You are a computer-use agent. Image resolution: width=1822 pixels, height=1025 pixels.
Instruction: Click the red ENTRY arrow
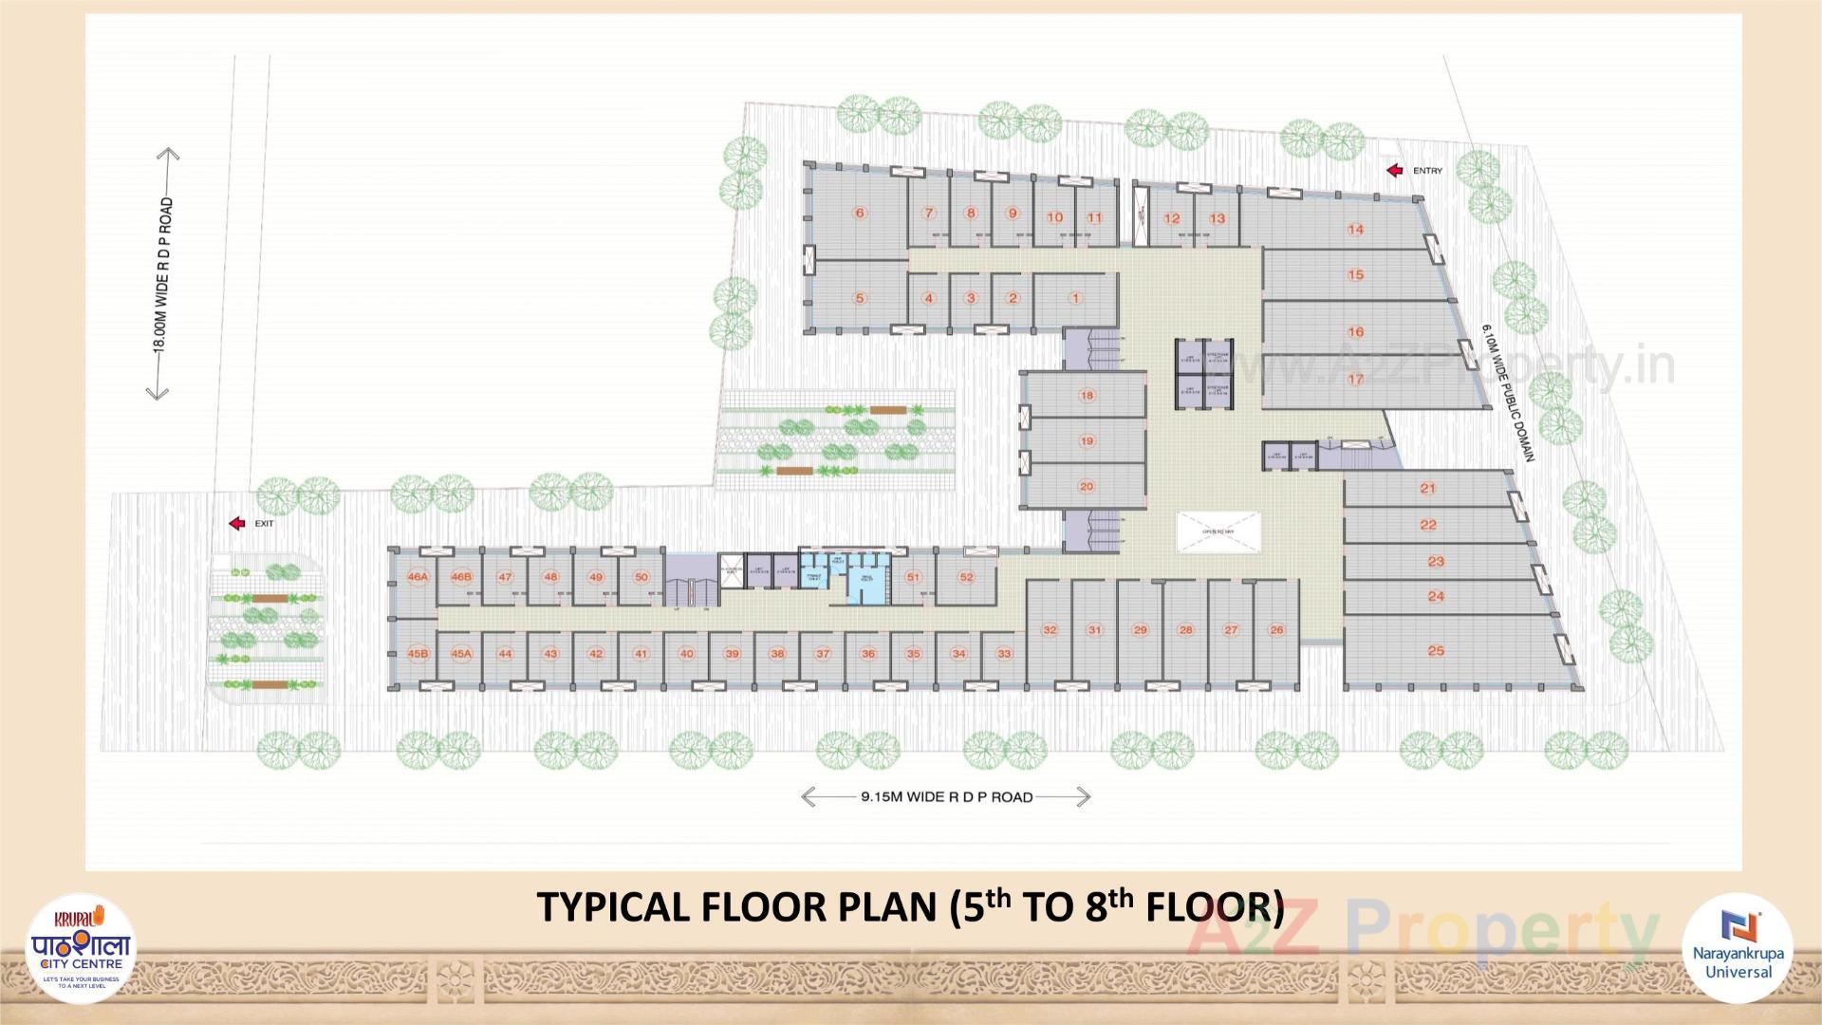pos(1395,171)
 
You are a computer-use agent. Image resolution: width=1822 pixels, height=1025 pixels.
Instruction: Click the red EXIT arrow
pos(237,523)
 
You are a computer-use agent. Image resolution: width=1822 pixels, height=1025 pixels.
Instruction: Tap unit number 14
pos(1355,229)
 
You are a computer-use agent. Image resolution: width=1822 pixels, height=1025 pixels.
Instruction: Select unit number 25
pos(1436,650)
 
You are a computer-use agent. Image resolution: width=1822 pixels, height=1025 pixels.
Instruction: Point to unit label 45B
pos(418,654)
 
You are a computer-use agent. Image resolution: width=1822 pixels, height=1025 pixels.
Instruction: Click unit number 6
pos(860,213)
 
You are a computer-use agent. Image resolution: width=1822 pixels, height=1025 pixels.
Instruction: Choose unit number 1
pos(1075,298)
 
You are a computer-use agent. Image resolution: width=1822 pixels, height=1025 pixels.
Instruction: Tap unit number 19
pos(1087,440)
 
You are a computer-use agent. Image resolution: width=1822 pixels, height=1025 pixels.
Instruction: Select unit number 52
pos(966,577)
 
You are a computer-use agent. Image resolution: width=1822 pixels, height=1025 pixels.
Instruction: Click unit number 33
pos(1004,654)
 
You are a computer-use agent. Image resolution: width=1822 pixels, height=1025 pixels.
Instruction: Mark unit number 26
pos(1276,630)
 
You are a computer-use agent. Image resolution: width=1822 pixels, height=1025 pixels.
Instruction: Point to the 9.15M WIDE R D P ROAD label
pos(946,797)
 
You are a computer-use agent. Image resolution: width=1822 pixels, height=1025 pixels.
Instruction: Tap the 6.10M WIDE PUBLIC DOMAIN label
pos(1509,393)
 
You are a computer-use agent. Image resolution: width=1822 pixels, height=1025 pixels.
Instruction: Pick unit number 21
pos(1428,488)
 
